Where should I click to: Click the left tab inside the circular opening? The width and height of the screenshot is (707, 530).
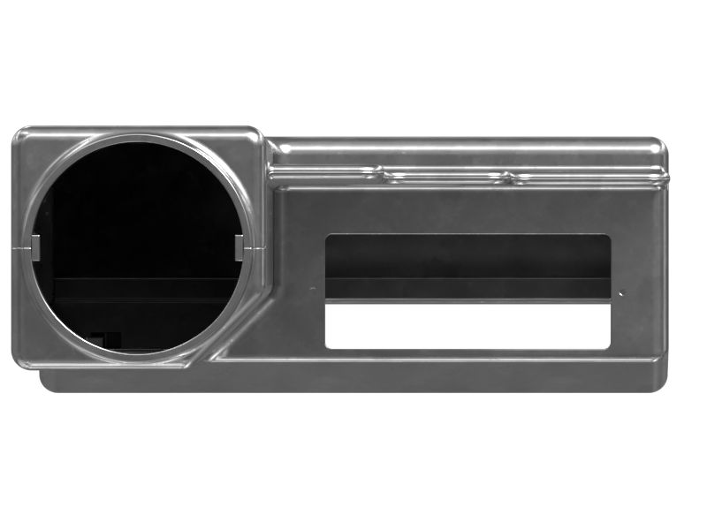(35, 248)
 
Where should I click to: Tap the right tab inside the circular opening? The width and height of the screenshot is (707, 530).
(239, 248)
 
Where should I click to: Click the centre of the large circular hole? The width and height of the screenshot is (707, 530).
(138, 245)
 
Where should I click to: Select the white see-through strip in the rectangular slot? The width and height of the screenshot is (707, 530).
(468, 326)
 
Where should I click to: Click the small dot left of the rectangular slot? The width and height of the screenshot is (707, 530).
(312, 289)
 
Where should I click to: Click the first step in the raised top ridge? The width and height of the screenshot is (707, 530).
(381, 170)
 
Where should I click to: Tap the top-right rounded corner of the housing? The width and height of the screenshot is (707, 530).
(655, 144)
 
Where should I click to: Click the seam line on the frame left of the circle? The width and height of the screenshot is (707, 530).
(21, 250)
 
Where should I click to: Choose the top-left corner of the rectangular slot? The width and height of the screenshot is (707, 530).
(330, 238)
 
